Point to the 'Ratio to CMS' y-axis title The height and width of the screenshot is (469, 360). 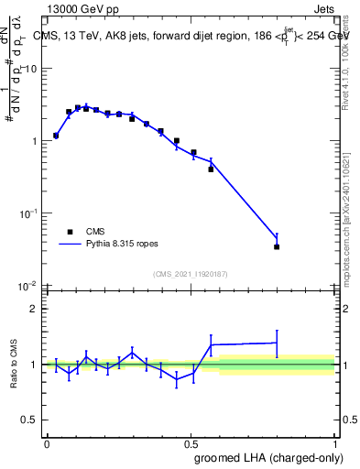coord(15,364)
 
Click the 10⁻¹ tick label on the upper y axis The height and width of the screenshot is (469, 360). coord(29,213)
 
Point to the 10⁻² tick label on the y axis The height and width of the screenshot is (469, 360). coord(29,285)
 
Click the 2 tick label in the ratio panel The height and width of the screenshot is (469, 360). coord(35,309)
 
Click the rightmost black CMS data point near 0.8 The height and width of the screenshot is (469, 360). coord(277,246)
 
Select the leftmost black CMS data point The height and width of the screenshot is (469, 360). coord(56,136)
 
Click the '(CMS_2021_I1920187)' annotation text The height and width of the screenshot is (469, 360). coord(190,273)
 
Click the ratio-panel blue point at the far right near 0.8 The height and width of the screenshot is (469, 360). coord(277,343)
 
